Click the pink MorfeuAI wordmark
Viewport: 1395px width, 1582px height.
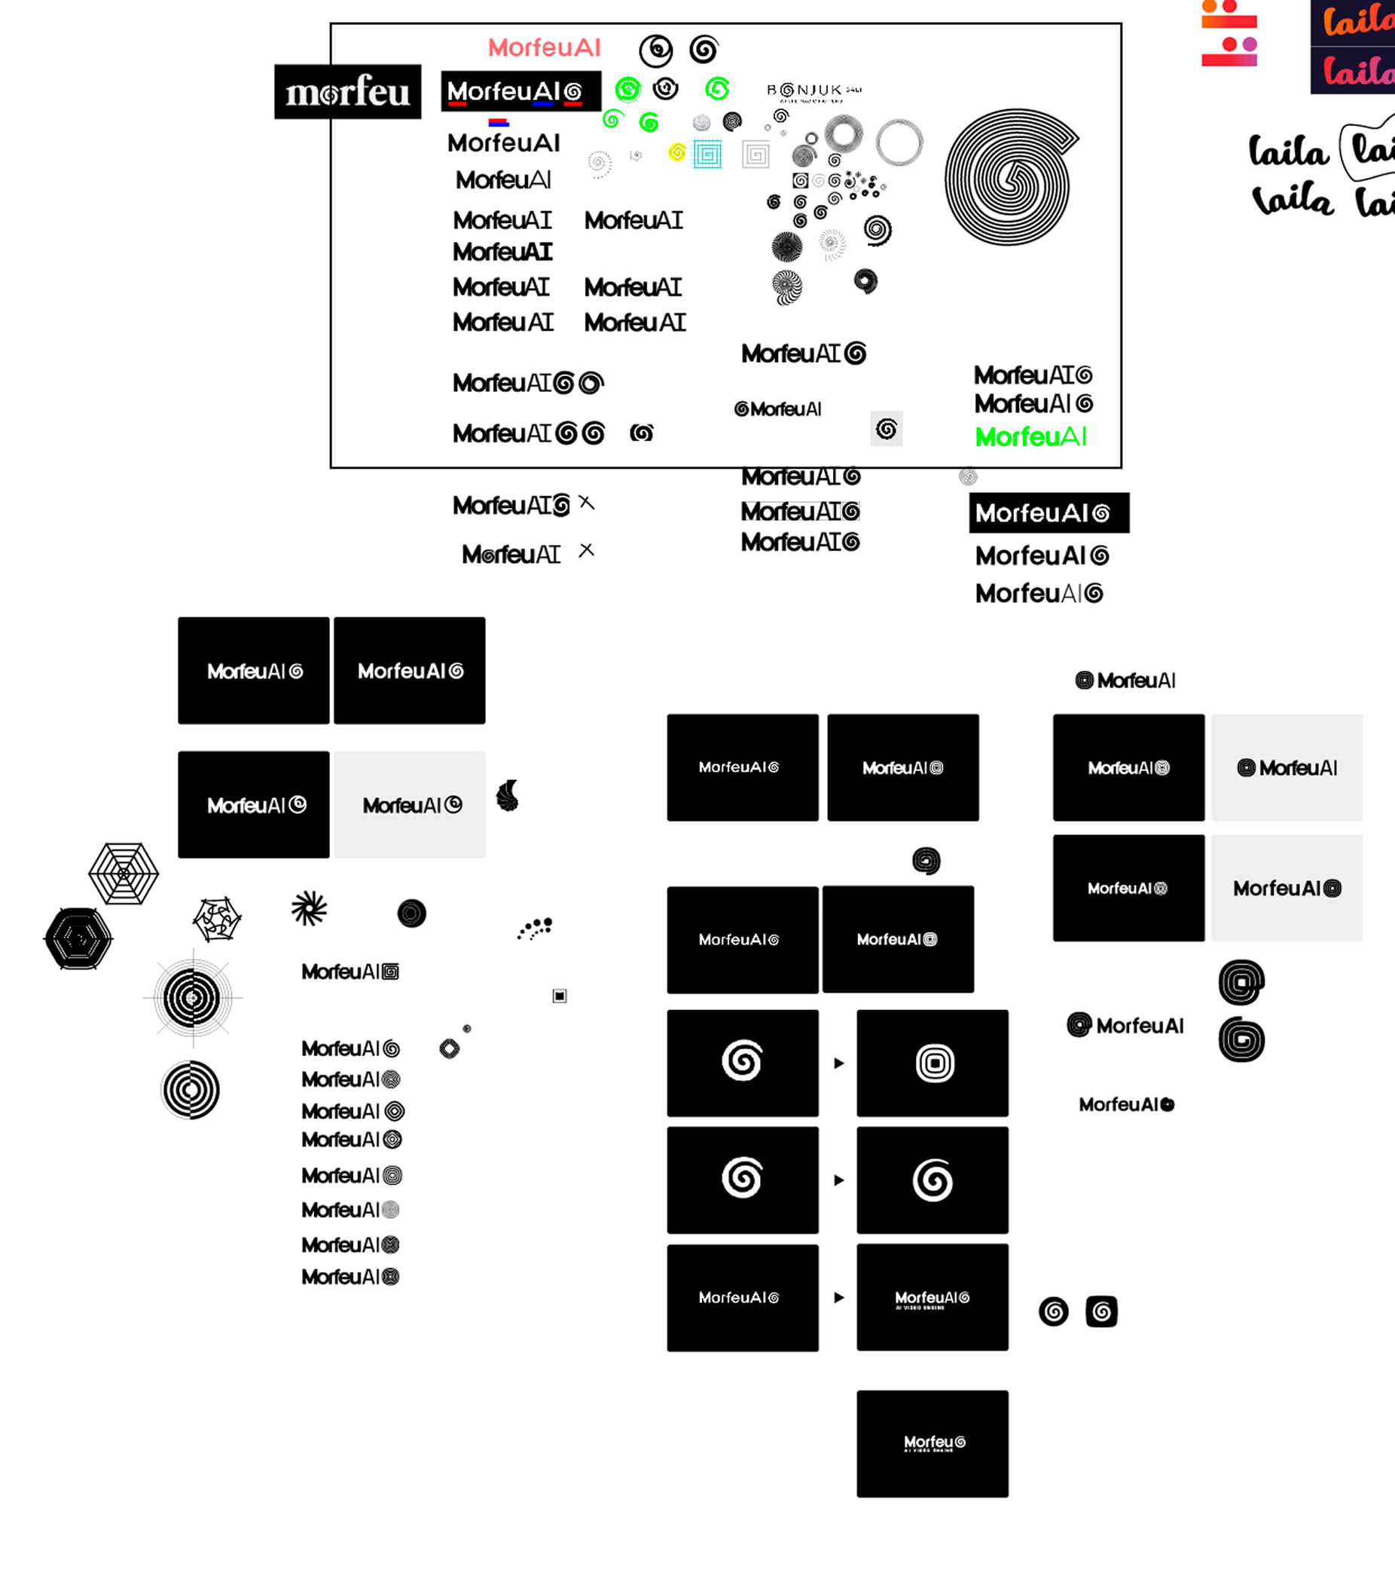click(x=544, y=48)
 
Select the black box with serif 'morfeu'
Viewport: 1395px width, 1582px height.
click(x=347, y=92)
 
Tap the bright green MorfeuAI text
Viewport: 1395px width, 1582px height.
click(x=1030, y=437)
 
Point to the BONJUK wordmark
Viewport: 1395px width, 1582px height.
click(x=813, y=90)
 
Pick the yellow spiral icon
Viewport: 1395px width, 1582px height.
click(x=677, y=152)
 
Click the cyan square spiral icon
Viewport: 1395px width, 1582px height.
click(x=707, y=155)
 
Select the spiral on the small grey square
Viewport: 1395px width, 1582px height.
click(x=887, y=429)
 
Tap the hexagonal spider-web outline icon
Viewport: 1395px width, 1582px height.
click(x=124, y=874)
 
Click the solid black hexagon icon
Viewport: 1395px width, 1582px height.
click(x=78, y=939)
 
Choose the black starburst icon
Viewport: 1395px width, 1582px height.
click(x=309, y=909)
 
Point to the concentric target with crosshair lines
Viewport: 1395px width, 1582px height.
click(x=193, y=999)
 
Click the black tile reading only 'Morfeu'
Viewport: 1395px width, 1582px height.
click(x=933, y=1443)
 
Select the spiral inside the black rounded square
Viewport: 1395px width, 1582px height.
click(x=1101, y=1311)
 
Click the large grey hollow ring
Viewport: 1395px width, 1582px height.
click(x=899, y=142)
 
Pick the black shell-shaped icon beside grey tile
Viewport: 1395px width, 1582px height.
click(x=508, y=796)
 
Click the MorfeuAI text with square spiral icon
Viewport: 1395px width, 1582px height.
click(x=350, y=972)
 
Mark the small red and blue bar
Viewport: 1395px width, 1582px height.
click(x=499, y=122)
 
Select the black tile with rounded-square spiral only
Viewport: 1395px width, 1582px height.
click(x=933, y=1063)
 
